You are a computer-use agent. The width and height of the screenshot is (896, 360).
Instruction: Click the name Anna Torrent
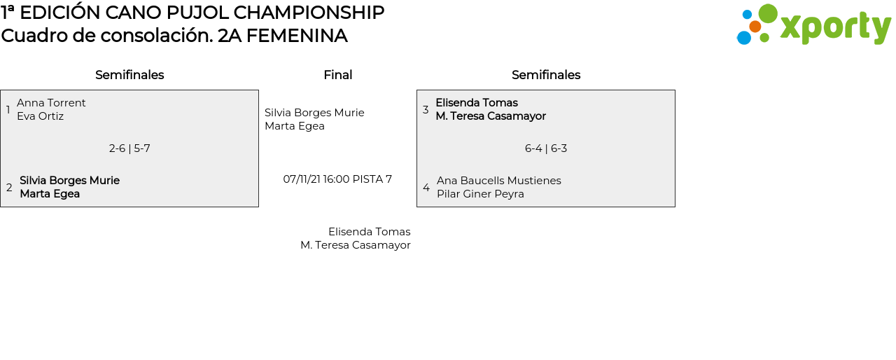coord(51,103)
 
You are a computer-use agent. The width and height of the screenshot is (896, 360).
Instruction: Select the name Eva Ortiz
coord(40,116)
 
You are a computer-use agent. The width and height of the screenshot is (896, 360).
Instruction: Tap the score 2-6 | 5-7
coord(129,148)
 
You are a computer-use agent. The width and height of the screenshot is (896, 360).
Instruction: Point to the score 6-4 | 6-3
coord(546,148)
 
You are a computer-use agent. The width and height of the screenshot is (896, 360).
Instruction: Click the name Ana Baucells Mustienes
coord(498,181)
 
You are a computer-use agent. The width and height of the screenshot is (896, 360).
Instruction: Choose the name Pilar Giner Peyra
coord(480,194)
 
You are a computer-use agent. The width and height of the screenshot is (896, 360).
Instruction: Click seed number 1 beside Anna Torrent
coord(8,110)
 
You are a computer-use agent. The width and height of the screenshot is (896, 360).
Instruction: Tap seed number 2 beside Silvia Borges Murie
coord(9,188)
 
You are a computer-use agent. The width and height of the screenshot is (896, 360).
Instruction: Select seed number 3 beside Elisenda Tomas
coord(426,110)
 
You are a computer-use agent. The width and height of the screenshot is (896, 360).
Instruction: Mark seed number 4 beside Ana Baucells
coord(426,188)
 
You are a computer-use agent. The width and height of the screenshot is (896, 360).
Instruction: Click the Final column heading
coord(337,75)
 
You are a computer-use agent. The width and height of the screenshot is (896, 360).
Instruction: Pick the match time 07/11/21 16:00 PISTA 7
coord(337,179)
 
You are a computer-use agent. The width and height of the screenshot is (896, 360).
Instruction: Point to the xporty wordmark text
coord(835,28)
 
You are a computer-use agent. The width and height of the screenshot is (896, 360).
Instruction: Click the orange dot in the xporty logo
coord(755,27)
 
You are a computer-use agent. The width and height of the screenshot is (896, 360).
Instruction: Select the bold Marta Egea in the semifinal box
coord(50,194)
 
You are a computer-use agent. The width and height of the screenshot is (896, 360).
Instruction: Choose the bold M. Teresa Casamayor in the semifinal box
coord(491,116)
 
